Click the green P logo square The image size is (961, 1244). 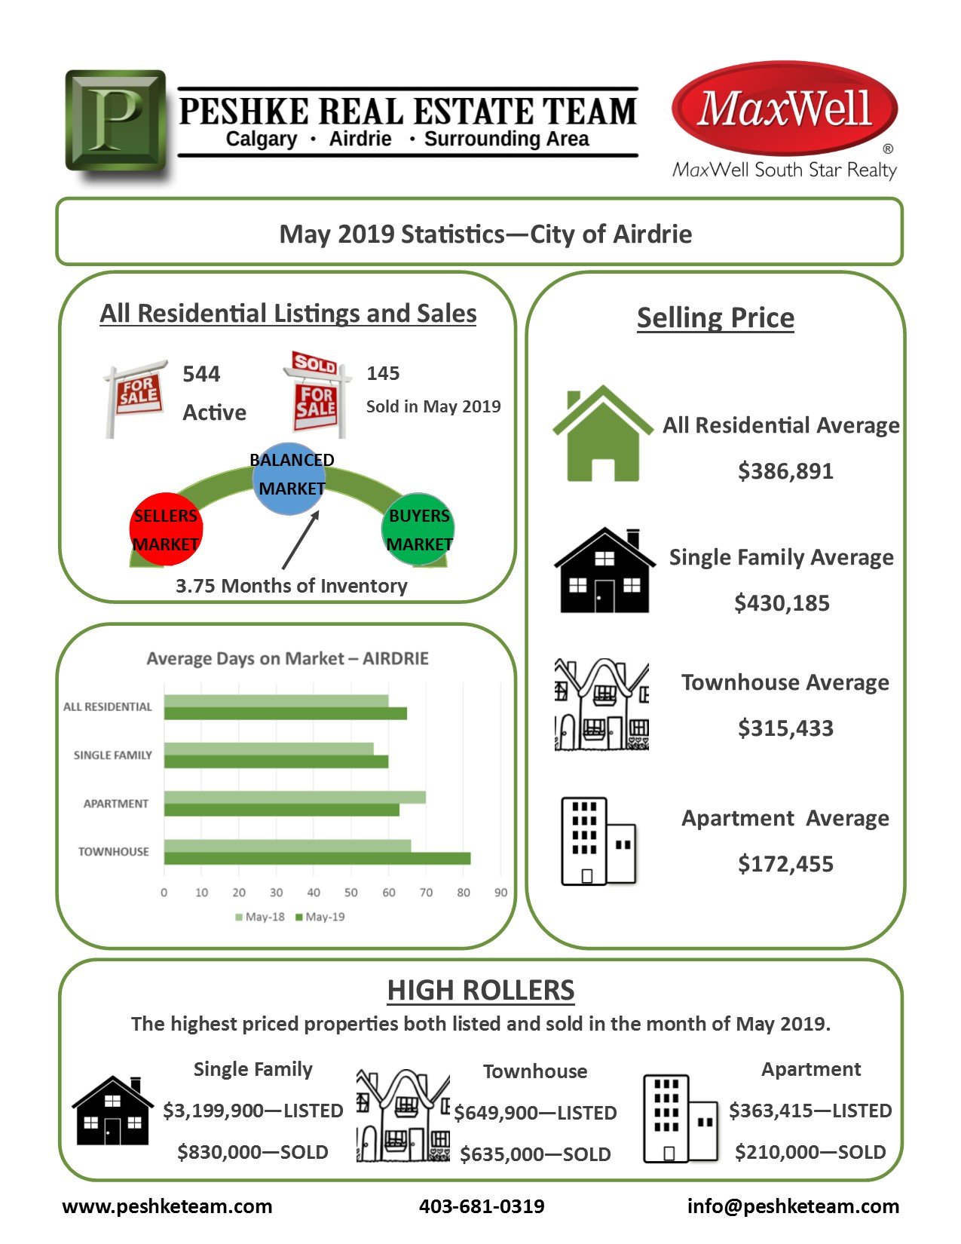(115, 120)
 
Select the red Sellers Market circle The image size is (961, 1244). (166, 529)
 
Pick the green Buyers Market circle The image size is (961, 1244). (418, 529)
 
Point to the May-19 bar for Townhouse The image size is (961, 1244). (317, 859)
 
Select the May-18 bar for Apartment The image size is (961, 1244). (294, 798)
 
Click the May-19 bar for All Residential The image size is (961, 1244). (285, 714)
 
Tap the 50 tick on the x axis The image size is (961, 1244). (351, 893)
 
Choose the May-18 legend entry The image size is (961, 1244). (259, 918)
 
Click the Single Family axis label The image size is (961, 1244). (112, 755)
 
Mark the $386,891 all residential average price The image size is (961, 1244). (785, 471)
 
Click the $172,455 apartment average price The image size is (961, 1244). (785, 864)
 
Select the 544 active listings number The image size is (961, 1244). (201, 374)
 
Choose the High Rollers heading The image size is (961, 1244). (481, 990)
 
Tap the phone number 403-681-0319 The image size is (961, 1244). (482, 1206)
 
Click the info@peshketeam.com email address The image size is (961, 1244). (793, 1206)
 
